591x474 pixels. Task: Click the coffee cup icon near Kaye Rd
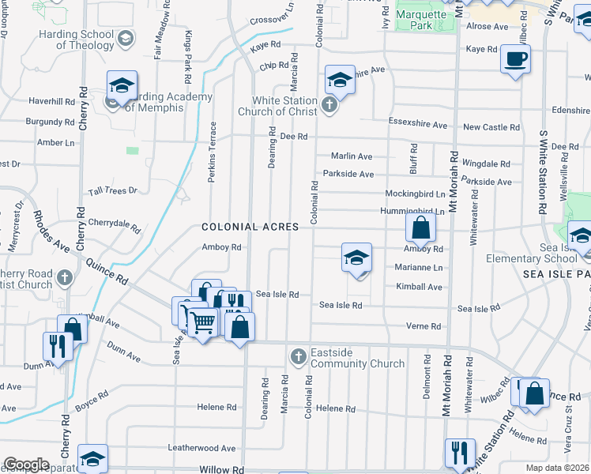coord(515,59)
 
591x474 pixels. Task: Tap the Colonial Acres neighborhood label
coord(250,227)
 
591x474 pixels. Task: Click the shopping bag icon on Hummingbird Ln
coord(421,228)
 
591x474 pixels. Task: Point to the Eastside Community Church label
coord(357,359)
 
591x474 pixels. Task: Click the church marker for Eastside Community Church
coord(299,357)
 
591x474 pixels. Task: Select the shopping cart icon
coord(202,321)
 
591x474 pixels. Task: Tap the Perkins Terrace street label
coord(212,152)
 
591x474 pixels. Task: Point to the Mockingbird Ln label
coord(415,194)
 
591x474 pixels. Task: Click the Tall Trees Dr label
coord(113,190)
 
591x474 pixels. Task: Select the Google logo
coord(26,465)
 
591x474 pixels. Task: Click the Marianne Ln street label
coord(419,268)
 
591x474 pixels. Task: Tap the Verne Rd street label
coord(423,326)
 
